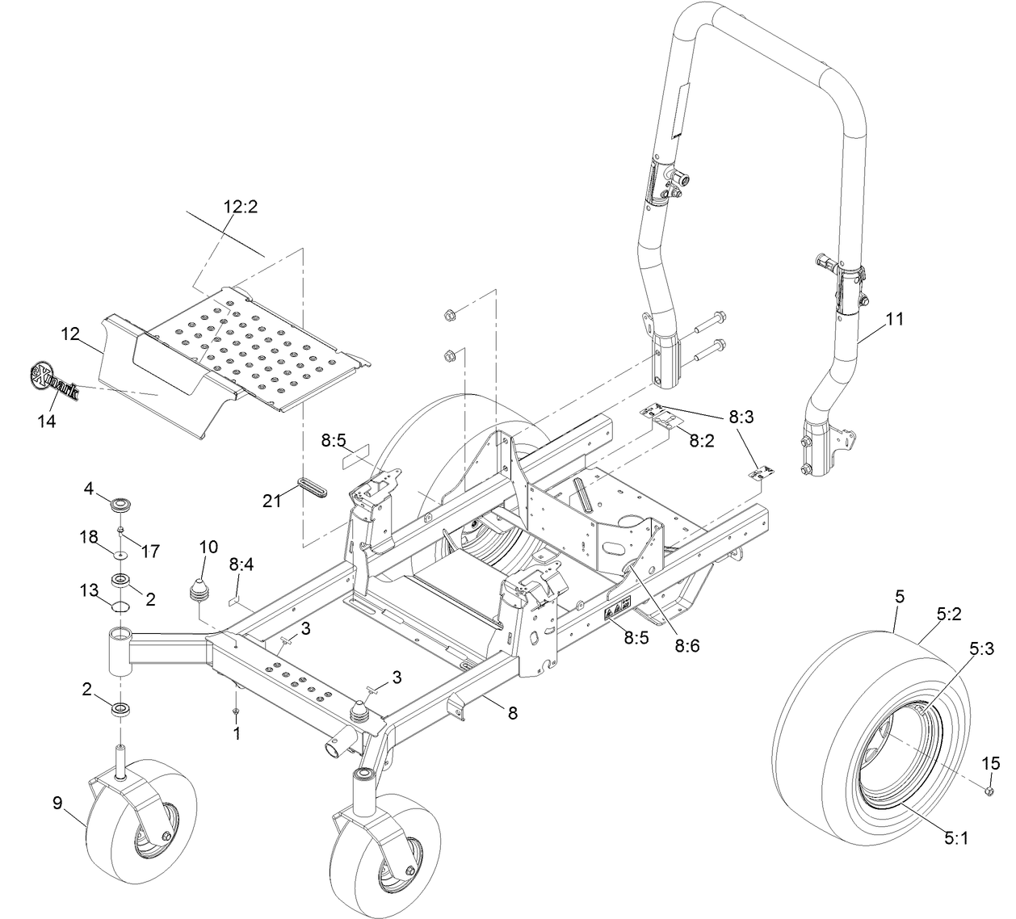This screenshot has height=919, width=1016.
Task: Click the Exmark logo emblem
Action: [52, 382]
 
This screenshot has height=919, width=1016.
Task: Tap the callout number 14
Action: [47, 421]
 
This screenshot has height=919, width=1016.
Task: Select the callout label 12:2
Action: [241, 206]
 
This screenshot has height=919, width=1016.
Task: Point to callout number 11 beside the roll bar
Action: [894, 319]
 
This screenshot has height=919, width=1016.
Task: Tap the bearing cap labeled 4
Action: [121, 505]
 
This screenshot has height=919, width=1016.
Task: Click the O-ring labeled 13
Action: [120, 606]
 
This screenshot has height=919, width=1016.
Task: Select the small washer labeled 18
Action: [120, 556]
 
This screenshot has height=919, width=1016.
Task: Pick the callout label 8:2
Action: [702, 441]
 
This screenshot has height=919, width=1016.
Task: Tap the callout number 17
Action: [150, 551]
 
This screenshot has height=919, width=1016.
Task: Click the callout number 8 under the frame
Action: [513, 713]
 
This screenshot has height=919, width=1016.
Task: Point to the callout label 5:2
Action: [949, 614]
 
